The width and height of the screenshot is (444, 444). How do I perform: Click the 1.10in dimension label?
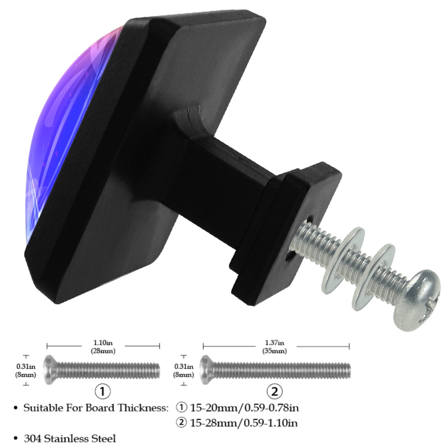point(103,343)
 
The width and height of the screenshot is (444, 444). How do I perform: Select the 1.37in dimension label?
point(275,343)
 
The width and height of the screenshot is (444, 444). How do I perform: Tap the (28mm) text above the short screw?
point(103,351)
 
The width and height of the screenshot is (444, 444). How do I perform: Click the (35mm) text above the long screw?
point(275,351)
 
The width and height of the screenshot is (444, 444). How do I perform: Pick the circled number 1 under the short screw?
point(103,391)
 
